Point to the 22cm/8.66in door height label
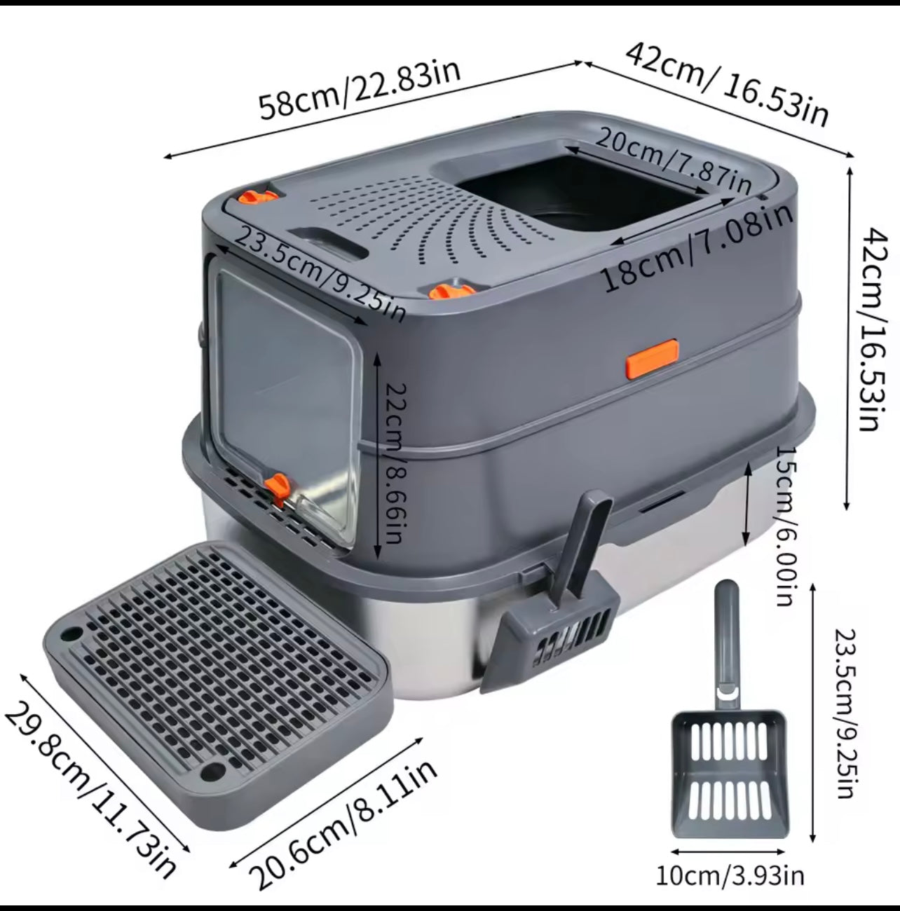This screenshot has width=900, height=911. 395,463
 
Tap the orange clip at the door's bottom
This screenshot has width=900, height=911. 276,488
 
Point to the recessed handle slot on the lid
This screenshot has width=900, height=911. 328,242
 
